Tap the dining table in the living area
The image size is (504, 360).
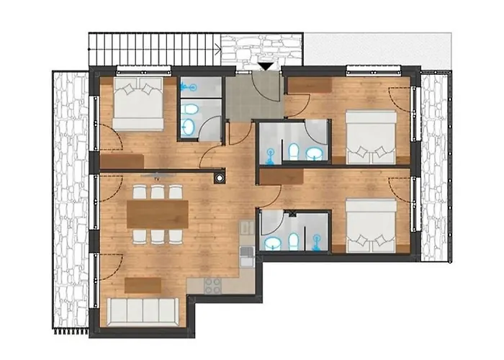[157, 214]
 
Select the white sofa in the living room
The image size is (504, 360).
[143, 311]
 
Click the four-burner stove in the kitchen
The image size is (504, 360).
[214, 286]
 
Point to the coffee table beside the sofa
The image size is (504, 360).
[143, 285]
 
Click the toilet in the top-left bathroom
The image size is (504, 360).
[189, 110]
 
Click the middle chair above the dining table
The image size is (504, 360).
[157, 192]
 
